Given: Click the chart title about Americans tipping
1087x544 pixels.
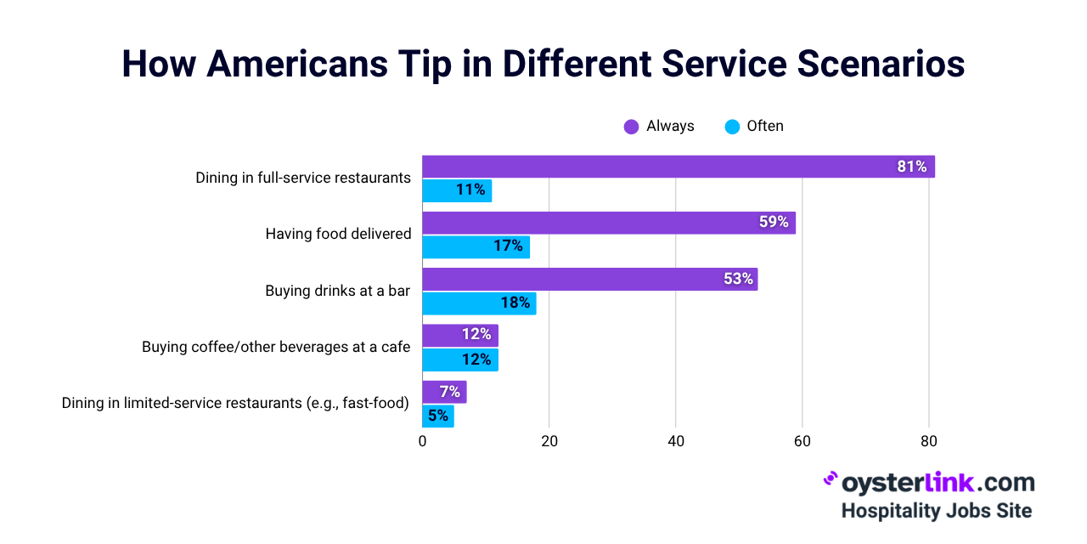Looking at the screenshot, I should (x=543, y=65).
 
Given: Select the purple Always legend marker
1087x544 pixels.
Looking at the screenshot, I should (x=631, y=127).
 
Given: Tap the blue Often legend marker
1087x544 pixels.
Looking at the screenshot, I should (x=732, y=127).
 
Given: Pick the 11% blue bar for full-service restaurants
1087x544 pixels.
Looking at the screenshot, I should (x=457, y=190).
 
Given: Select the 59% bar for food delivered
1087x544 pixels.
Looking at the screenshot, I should (x=608, y=223).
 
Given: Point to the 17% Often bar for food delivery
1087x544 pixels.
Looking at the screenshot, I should (x=476, y=247).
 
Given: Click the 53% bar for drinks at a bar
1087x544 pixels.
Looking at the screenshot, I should (x=589, y=279).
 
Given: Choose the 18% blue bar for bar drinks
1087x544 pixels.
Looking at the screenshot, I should (x=479, y=303).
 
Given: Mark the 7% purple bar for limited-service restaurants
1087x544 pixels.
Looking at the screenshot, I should (x=444, y=392).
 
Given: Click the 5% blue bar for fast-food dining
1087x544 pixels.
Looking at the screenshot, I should (x=438, y=416).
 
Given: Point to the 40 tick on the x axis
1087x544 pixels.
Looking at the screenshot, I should (x=675, y=441).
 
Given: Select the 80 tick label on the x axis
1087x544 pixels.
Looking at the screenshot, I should (x=928, y=441).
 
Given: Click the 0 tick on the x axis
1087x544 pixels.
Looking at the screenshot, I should (x=422, y=441).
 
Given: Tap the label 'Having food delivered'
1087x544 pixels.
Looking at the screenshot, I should (x=338, y=234).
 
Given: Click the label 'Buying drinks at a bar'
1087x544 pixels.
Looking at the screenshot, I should (x=337, y=291).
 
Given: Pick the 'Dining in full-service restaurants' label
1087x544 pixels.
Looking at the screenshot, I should (x=303, y=178).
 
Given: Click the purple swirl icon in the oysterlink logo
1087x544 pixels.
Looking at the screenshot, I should (x=831, y=479).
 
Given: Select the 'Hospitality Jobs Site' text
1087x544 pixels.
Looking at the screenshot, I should (x=937, y=511).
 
